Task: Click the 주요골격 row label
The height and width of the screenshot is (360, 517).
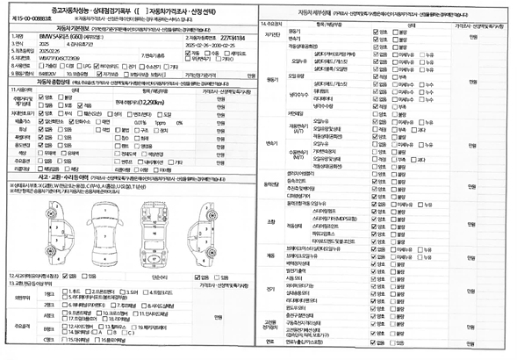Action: pos(27,324)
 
